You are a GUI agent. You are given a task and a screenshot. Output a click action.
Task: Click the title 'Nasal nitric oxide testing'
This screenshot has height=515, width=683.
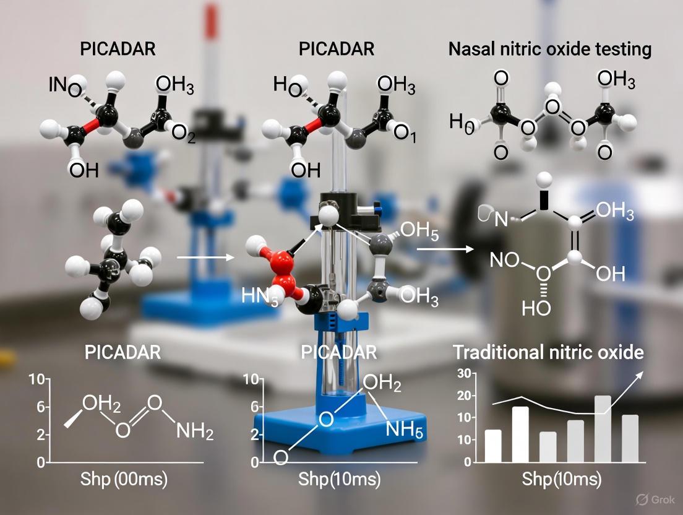549,50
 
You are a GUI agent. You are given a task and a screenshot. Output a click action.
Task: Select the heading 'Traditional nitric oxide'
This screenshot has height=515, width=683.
548,353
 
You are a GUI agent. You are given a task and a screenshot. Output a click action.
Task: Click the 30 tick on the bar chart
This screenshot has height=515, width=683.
463,373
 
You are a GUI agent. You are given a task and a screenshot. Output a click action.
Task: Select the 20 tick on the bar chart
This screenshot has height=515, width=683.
463,396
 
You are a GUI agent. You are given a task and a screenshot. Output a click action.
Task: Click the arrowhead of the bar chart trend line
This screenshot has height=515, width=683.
641,373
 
